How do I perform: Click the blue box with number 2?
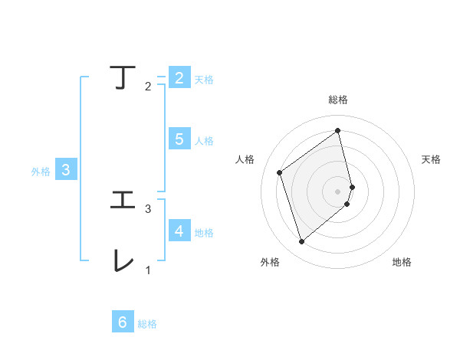tap(179, 77)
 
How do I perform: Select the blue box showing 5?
tap(179, 139)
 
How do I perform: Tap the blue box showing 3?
tap(66, 170)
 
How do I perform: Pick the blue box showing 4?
tap(179, 231)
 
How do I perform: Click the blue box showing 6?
tap(123, 322)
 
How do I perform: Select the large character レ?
tap(123, 260)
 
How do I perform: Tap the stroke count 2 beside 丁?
tap(148, 87)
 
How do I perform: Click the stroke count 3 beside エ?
tap(148, 208)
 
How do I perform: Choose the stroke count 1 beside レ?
tap(148, 270)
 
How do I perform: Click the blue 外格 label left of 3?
tap(41, 172)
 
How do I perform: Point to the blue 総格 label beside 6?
tap(147, 324)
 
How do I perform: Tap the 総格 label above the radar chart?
tap(338, 100)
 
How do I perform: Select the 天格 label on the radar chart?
tap(432, 159)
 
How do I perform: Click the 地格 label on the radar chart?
tap(402, 262)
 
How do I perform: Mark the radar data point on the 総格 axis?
tap(338, 130)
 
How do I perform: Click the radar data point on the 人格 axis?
tap(280, 172)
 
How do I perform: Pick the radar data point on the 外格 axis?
tap(301, 242)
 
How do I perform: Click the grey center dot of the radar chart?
tap(338, 191)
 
